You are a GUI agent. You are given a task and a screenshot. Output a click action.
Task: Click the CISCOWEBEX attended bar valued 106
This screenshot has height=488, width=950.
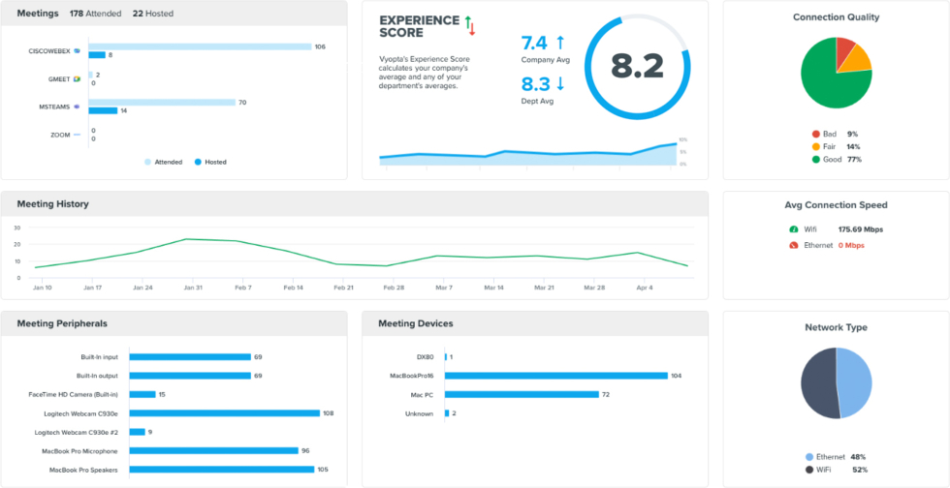[200, 46]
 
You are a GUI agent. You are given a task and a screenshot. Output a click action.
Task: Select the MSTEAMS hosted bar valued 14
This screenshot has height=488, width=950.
[103, 110]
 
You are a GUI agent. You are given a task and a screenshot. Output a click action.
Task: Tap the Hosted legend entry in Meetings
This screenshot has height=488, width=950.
[210, 162]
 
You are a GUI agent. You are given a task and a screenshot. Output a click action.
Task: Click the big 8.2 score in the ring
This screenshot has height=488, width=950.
[637, 66]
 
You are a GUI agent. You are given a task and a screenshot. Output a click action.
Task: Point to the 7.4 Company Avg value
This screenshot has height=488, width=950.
[534, 44]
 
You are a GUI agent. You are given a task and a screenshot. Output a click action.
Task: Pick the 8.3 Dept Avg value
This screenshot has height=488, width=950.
[535, 84]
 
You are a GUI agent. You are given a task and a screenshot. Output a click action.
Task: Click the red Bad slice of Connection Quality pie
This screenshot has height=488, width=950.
[844, 48]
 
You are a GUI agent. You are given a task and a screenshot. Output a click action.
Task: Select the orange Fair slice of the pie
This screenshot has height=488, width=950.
[855, 59]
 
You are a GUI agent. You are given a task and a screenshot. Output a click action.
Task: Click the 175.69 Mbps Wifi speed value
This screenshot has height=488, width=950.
[861, 229]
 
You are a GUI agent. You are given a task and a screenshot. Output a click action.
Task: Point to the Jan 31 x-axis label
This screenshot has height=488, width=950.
[193, 288]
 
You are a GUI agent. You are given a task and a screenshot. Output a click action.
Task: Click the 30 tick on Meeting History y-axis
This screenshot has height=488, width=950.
[16, 228]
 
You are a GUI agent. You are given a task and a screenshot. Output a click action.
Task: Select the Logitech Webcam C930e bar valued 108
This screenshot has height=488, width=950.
[225, 412]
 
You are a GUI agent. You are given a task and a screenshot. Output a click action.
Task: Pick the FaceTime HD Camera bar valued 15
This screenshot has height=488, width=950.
[142, 394]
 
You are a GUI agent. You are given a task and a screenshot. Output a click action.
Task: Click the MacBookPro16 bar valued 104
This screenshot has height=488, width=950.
[556, 376]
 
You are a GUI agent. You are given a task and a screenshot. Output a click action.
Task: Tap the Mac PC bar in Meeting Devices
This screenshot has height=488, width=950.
[522, 394]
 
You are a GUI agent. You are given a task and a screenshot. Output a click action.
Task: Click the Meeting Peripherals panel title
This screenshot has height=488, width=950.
[62, 323]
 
